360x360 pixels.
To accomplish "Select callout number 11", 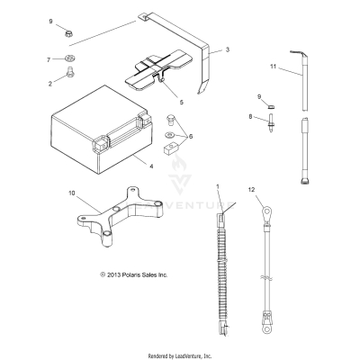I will (x=273, y=67).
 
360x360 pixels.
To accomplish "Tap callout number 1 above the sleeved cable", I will (x=217, y=185).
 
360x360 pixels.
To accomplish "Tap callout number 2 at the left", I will (x=49, y=82).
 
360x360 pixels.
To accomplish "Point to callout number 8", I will (x=251, y=116).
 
